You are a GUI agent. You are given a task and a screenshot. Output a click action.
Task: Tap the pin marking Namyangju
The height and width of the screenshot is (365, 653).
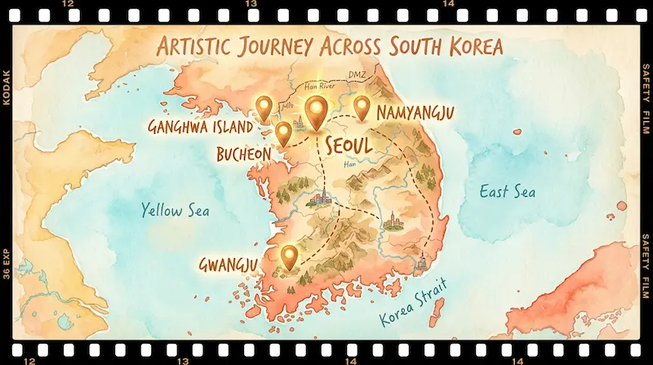coord(362,107)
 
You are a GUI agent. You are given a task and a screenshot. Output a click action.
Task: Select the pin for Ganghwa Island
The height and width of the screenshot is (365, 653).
coord(264,107)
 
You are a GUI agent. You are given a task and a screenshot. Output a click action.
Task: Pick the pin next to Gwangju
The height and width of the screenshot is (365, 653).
coord(288,256)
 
